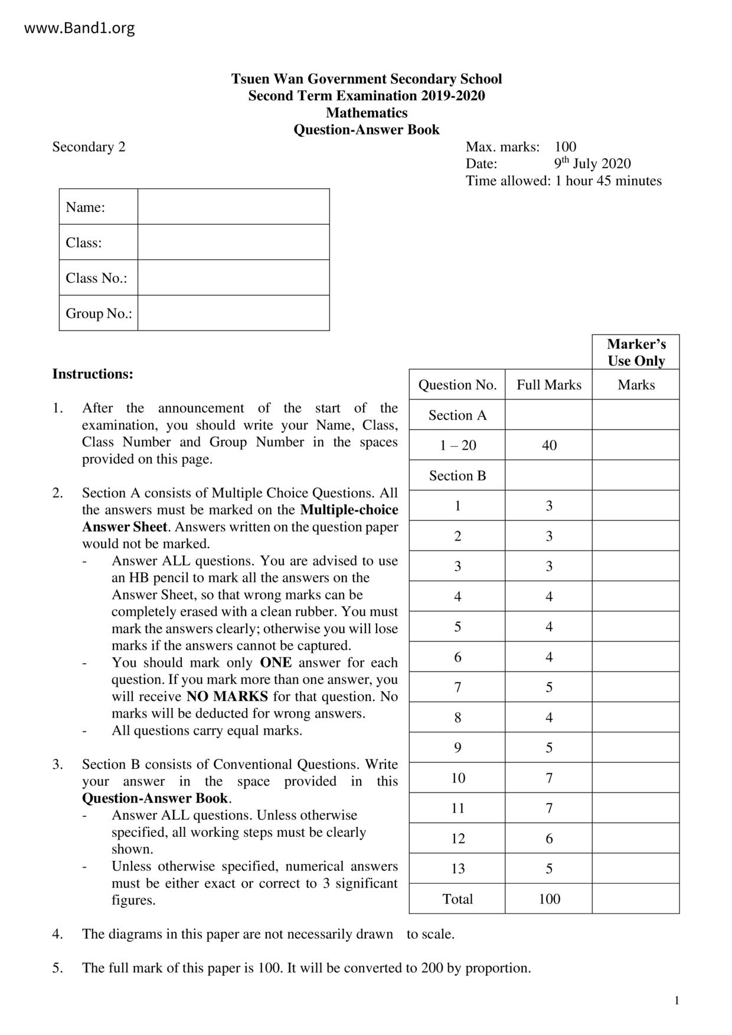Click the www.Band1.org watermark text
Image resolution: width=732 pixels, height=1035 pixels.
[79, 28]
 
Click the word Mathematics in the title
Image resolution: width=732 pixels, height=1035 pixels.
[367, 113]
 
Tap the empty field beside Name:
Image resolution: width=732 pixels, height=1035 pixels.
[233, 207]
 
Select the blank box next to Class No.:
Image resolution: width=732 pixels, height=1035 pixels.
[233, 278]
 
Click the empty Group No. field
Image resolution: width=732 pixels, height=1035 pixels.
[233, 313]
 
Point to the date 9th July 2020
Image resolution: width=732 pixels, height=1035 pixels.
[592, 163]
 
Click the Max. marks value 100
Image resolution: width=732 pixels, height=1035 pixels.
[566, 147]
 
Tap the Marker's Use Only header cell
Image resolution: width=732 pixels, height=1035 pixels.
[636, 352]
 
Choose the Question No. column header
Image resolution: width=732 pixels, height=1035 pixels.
[457, 385]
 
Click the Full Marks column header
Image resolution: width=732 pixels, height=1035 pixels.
[549, 385]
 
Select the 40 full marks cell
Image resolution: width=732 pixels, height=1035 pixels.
[549, 446]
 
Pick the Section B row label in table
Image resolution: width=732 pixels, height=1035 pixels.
[457, 476]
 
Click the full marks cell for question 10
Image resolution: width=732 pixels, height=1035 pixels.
[549, 778]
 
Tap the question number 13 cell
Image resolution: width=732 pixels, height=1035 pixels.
[457, 869]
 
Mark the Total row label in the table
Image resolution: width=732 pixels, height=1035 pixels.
[457, 899]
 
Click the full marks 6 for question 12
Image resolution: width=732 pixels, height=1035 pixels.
[549, 839]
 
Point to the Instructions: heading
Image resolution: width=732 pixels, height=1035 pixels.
[93, 374]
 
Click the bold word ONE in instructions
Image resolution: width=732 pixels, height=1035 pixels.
[276, 663]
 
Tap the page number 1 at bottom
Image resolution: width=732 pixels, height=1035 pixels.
[677, 1000]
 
